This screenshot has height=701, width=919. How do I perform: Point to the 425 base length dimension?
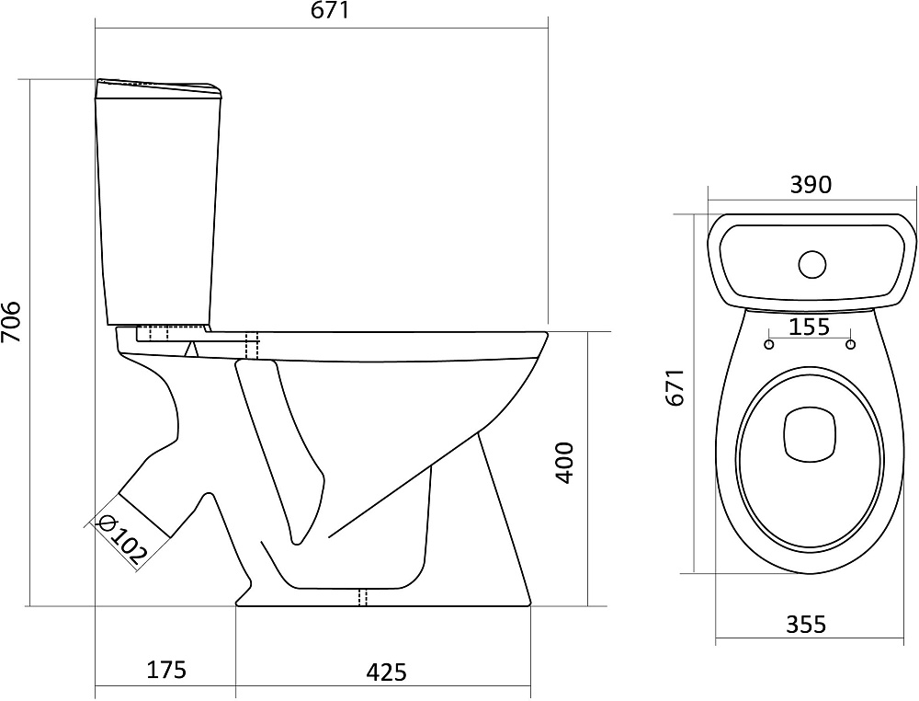386,672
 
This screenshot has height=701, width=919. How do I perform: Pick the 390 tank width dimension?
811,185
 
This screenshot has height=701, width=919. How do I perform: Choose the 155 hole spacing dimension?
810,327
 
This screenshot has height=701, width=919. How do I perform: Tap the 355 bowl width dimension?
806,624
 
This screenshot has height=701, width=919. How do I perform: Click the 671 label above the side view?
329,10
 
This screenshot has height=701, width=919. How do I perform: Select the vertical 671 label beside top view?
675,387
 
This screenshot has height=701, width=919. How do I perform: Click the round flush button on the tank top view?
811,264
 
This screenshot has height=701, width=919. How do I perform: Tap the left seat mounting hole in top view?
769,344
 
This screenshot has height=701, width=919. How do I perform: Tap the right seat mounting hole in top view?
851,344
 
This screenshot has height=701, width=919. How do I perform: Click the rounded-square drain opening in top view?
809,433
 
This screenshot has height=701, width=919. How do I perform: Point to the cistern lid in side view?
159,87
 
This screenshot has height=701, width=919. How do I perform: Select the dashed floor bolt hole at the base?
363,596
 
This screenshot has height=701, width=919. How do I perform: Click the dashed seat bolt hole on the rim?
252,346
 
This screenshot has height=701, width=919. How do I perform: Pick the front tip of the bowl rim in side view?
547,334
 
